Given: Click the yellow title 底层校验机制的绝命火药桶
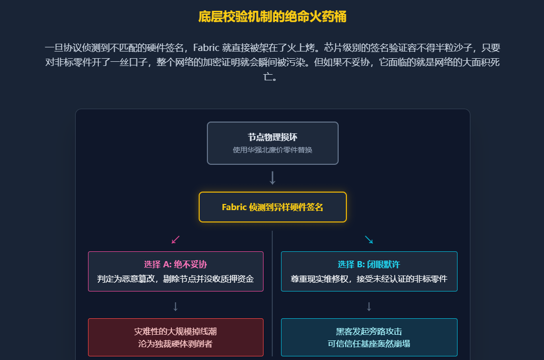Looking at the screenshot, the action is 272,17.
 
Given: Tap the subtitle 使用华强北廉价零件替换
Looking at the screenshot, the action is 272,150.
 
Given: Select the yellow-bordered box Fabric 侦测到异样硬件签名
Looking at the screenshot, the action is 272,207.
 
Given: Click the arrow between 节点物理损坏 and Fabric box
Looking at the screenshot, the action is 272,178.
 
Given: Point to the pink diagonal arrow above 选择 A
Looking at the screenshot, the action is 176,239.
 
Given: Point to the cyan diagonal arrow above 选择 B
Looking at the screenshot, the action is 368,239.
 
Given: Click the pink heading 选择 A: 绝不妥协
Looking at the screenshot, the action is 176,264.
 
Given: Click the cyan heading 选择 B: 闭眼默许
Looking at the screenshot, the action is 368,264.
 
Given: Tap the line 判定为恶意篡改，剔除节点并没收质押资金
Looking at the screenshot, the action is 176,279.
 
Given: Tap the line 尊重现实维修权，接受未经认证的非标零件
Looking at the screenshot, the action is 368,279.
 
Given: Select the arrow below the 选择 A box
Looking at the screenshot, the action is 176,306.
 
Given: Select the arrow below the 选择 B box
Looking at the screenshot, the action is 368,306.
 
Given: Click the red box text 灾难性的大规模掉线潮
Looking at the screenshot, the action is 176,331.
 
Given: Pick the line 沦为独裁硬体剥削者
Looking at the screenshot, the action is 176,344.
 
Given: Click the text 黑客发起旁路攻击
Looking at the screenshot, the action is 368,331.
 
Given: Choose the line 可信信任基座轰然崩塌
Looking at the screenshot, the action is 368,344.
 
